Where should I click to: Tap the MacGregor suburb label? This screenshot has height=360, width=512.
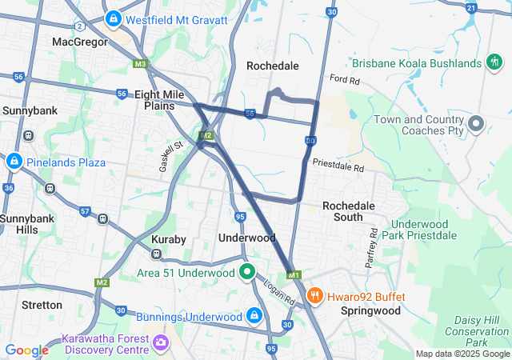pyautogui.click(x=79, y=41)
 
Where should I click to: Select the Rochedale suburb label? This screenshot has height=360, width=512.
pyautogui.click(x=272, y=66)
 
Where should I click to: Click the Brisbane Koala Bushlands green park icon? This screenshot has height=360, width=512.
pyautogui.click(x=495, y=62)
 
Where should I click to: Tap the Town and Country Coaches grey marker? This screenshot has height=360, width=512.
pyautogui.click(x=477, y=123)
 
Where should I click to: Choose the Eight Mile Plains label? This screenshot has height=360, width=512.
pyautogui.click(x=160, y=100)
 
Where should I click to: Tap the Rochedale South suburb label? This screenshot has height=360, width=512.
pyautogui.click(x=348, y=211)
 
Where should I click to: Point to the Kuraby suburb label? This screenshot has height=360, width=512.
pyautogui.click(x=169, y=240)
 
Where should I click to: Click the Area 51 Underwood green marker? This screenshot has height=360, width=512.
pyautogui.click(x=248, y=272)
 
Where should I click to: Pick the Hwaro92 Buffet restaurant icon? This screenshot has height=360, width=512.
pyautogui.click(x=315, y=296)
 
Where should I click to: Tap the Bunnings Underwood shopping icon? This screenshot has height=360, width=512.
pyautogui.click(x=254, y=316)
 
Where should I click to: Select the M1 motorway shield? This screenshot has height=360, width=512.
pyautogui.click(x=294, y=275)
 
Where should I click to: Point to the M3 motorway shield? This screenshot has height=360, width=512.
pyautogui.click(x=141, y=63)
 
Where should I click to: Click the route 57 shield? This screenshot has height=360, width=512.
pyautogui.click(x=84, y=211)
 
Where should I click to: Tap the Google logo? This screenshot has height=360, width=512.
pyautogui.click(x=26, y=350)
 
